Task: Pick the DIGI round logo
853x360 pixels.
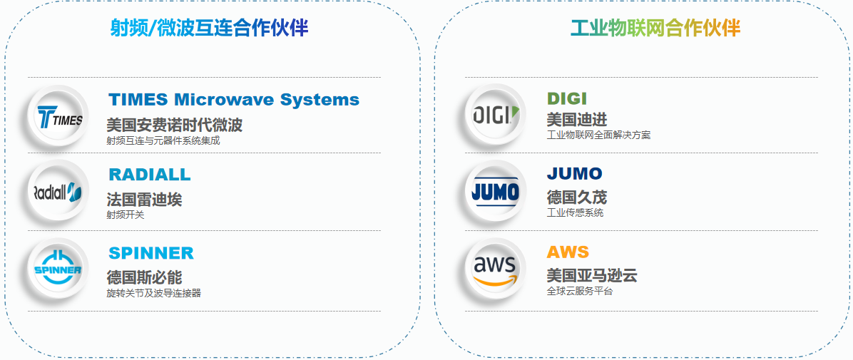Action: [495, 115]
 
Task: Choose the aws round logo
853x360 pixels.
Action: [495, 269]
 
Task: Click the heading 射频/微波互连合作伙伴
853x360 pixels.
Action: [209, 28]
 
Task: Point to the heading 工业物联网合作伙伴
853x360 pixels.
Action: [655, 28]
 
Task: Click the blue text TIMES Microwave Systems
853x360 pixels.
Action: [234, 99]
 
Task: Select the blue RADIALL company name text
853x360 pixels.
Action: [150, 175]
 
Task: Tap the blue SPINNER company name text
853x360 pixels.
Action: [151, 253]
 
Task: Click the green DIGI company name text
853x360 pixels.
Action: [566, 98]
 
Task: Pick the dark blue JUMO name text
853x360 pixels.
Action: [574, 174]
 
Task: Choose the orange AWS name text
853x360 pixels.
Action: [568, 252]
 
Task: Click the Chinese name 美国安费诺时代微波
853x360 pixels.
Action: [175, 125]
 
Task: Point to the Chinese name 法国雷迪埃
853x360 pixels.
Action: [144, 200]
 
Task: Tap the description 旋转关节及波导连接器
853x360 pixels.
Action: [153, 293]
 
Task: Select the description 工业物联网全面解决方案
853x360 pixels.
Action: [598, 135]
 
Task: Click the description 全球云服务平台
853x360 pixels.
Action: [579, 292]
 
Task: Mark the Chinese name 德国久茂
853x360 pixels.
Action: [576, 197]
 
